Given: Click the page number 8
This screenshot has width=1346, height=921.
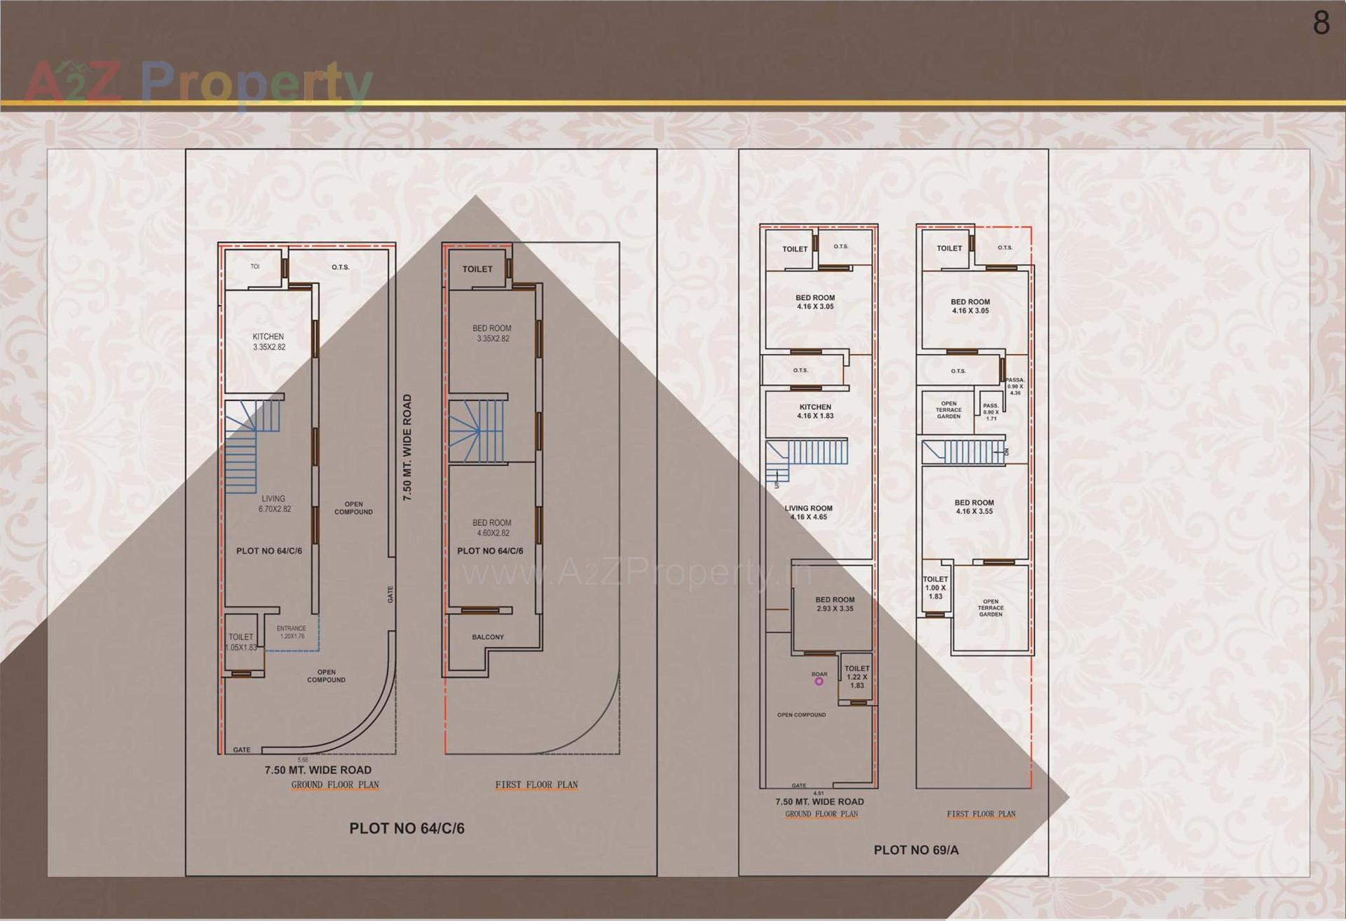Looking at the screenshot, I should pyautogui.click(x=1321, y=22).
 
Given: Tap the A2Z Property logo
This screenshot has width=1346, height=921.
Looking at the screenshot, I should pyautogui.click(x=198, y=83).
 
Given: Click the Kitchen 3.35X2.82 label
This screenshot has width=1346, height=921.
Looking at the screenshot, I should pyautogui.click(x=268, y=342).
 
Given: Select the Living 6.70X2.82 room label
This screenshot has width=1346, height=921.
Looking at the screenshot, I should pyautogui.click(x=273, y=504).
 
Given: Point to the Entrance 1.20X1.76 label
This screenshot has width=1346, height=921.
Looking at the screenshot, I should pyautogui.click(x=292, y=632).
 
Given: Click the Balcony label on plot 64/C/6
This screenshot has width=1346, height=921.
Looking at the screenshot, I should pyautogui.click(x=488, y=637).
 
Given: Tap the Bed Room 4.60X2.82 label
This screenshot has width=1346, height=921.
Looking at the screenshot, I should pyautogui.click(x=492, y=528).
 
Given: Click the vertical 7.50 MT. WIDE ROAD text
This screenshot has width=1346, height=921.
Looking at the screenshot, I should pyautogui.click(x=407, y=447).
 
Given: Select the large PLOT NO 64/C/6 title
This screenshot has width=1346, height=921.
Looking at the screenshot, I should pyautogui.click(x=407, y=828).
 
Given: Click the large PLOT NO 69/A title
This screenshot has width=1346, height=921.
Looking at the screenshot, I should pyautogui.click(x=916, y=850).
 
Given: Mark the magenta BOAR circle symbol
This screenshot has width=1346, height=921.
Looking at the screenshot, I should pyautogui.click(x=818, y=681).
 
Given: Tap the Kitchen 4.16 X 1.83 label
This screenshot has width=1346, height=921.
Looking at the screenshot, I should pyautogui.click(x=815, y=411).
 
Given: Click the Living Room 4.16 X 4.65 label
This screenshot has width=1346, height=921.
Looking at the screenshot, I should pyautogui.click(x=809, y=512).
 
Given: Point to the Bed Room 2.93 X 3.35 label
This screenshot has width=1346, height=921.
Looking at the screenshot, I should pyautogui.click(x=834, y=604).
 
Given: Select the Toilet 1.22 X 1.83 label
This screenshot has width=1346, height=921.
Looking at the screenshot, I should pyautogui.click(x=857, y=677).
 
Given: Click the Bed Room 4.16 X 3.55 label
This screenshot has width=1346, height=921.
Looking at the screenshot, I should pyautogui.click(x=974, y=507).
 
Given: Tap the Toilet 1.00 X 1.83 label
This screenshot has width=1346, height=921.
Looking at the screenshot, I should pyautogui.click(x=935, y=588).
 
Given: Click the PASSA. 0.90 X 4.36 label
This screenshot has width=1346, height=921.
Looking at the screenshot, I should pyautogui.click(x=1014, y=386).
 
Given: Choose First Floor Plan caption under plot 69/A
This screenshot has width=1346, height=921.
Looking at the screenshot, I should pyautogui.click(x=981, y=814).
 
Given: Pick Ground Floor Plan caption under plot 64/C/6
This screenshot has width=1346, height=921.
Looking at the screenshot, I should pyautogui.click(x=335, y=785).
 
